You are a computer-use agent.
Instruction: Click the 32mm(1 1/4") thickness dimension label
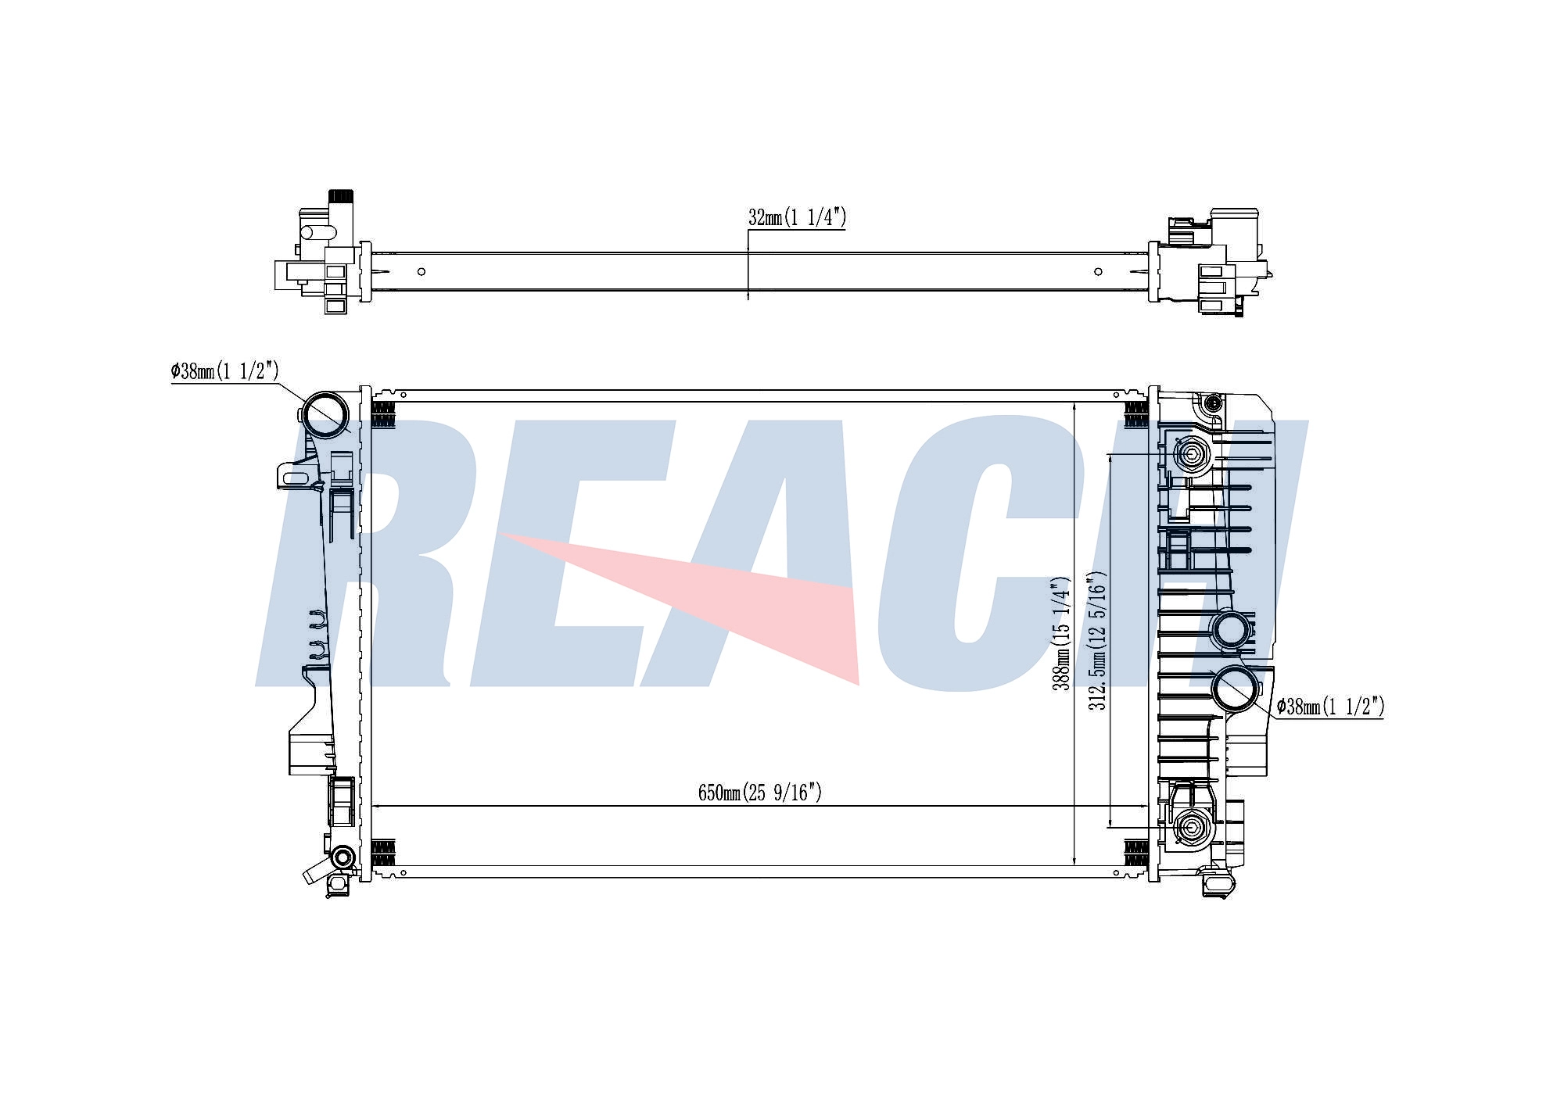[x=797, y=217]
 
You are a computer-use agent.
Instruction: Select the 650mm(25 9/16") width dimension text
[x=760, y=793]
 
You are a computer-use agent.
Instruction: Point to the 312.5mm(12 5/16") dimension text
[x=1098, y=641]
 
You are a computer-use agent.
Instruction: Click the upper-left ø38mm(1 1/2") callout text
[x=225, y=370]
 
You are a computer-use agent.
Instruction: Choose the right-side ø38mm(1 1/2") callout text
[x=1331, y=707]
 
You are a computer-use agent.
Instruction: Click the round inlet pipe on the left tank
[x=325, y=415]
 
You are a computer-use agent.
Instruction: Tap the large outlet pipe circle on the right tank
[x=1236, y=688]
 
